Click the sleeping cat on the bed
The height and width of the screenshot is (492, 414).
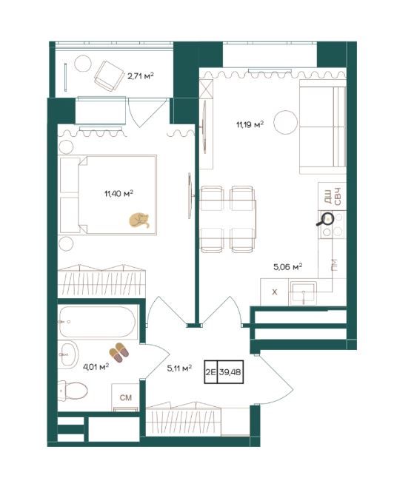click(139, 220)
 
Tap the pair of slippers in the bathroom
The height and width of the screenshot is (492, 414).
click(118, 352)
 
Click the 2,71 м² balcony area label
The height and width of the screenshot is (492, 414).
click(141, 76)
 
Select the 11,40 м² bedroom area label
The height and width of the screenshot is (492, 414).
click(118, 193)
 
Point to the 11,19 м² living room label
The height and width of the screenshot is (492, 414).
click(250, 124)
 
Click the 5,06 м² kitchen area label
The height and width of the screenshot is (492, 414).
click(288, 267)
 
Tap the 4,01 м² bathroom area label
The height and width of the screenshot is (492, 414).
click(96, 366)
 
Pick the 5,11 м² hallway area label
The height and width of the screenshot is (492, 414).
click(179, 368)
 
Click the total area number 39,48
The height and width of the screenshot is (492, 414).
click(230, 372)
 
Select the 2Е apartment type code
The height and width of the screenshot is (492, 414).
click(210, 372)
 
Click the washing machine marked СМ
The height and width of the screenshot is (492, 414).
click(126, 397)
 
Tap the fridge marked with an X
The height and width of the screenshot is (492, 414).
click(275, 292)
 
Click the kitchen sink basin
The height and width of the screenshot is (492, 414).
click(303, 293)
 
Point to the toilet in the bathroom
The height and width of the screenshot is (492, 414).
click(73, 391)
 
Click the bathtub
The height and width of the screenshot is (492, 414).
click(98, 322)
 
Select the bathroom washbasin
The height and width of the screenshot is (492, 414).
click(68, 354)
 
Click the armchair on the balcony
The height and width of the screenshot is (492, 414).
click(109, 76)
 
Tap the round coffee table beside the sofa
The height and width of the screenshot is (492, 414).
click(286, 122)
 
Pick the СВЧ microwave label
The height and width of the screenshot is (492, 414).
click(337, 196)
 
